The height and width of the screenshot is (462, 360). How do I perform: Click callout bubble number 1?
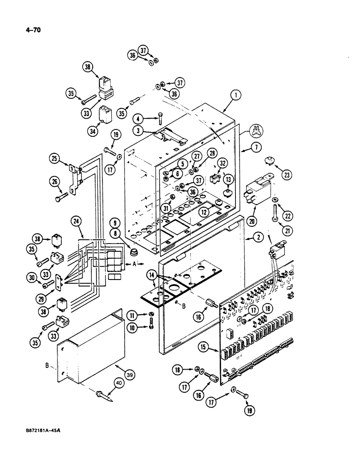[x=235, y=96]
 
